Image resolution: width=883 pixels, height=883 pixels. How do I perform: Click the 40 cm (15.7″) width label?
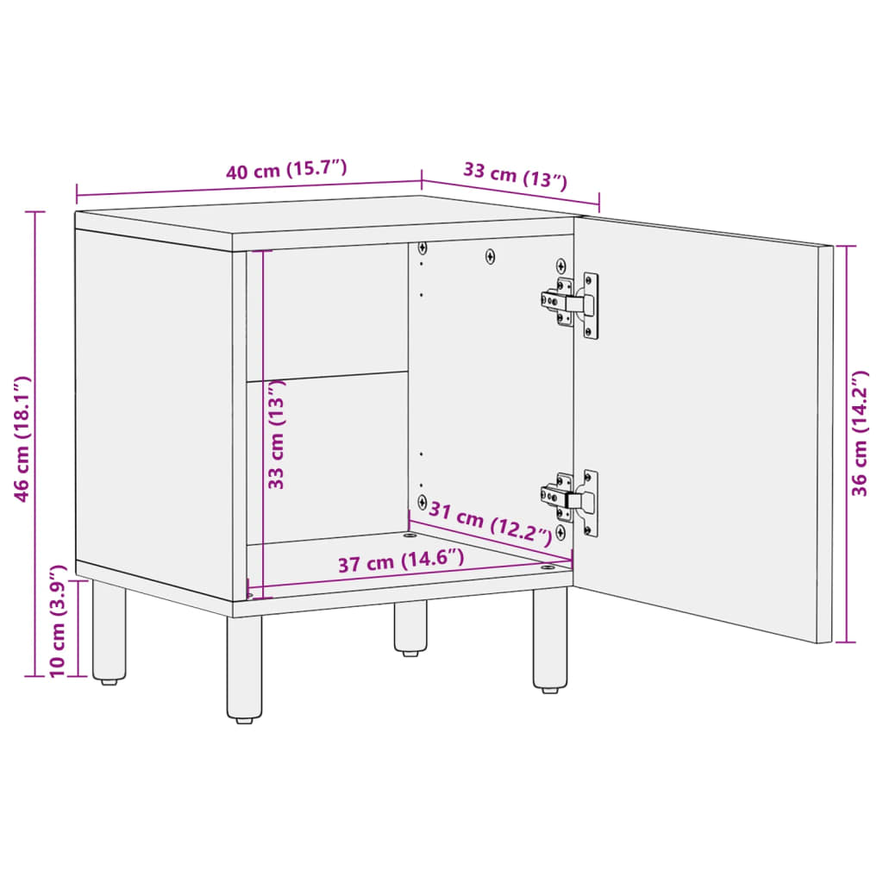pyautogui.click(x=286, y=170)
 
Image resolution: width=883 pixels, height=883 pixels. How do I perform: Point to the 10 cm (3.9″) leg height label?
pyautogui.click(x=57, y=621)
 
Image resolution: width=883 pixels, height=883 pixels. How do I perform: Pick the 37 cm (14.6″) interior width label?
pyautogui.click(x=401, y=563)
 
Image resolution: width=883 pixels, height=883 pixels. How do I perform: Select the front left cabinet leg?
pyautogui.click(x=245, y=668)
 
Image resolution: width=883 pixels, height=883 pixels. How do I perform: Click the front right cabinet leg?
pyautogui.click(x=549, y=639)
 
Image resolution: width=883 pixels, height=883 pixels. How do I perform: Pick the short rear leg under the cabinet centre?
pyautogui.click(x=410, y=628)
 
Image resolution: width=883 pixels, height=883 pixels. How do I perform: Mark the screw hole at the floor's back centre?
pyautogui.click(x=408, y=535)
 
